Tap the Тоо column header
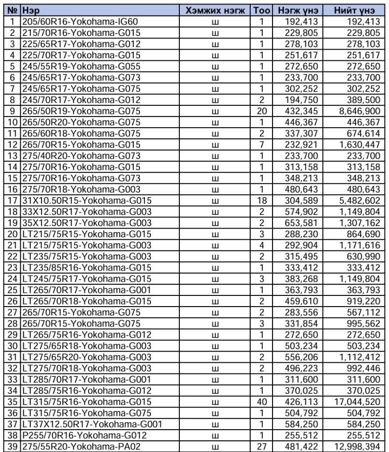point(262,10)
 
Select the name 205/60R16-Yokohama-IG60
point(80,22)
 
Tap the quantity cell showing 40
point(262,401)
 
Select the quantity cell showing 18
point(262,200)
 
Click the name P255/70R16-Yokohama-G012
point(84,434)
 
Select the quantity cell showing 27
point(262,445)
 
